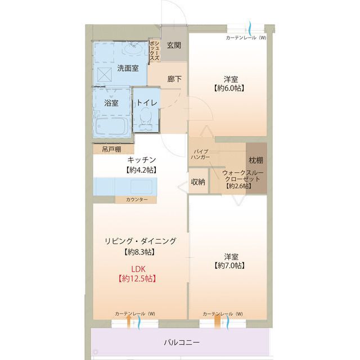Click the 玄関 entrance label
tap(174, 45)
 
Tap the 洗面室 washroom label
tap(128, 69)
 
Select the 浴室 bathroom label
tap(111, 103)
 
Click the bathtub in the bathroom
tap(110, 125)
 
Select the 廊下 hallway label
tap(174, 79)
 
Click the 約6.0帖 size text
tap(228, 88)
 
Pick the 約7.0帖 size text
tap(228, 264)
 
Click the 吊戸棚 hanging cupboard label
tap(110, 150)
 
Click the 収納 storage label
tap(197, 182)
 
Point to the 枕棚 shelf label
tap(256, 161)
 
